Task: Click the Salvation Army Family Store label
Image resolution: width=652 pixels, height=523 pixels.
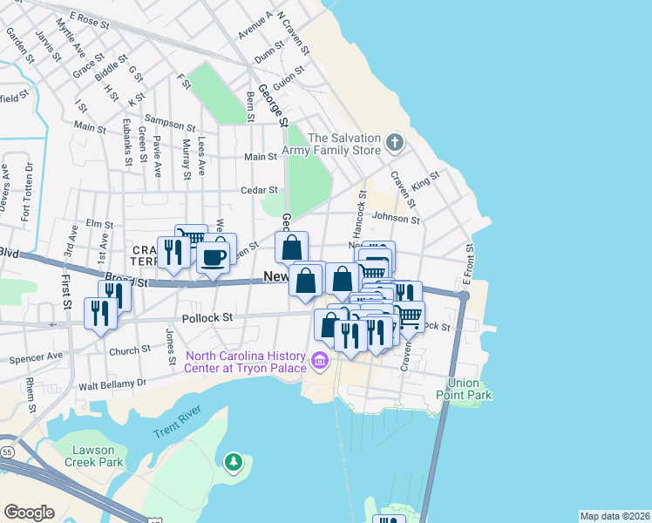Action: pos(344,145)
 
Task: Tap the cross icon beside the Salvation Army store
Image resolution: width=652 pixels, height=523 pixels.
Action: pos(395,141)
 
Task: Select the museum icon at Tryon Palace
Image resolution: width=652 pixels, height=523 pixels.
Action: pos(319,360)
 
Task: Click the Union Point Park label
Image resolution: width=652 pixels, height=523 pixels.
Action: pos(470,389)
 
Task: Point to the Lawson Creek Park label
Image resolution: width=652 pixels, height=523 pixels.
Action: pos(85,455)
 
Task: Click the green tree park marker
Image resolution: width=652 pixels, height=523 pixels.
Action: pos(233,461)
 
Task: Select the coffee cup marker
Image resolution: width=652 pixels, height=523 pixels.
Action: pos(214,257)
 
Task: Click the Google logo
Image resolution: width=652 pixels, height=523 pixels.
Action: pos(29,513)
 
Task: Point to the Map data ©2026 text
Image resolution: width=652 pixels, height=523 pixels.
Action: pos(614,516)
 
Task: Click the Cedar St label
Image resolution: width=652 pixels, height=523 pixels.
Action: pos(259,189)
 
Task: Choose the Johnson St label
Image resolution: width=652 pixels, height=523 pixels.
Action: pos(396,217)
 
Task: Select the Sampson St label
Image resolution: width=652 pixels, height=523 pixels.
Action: pos(171,124)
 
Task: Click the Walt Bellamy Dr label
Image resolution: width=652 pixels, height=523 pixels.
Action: pos(112,384)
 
